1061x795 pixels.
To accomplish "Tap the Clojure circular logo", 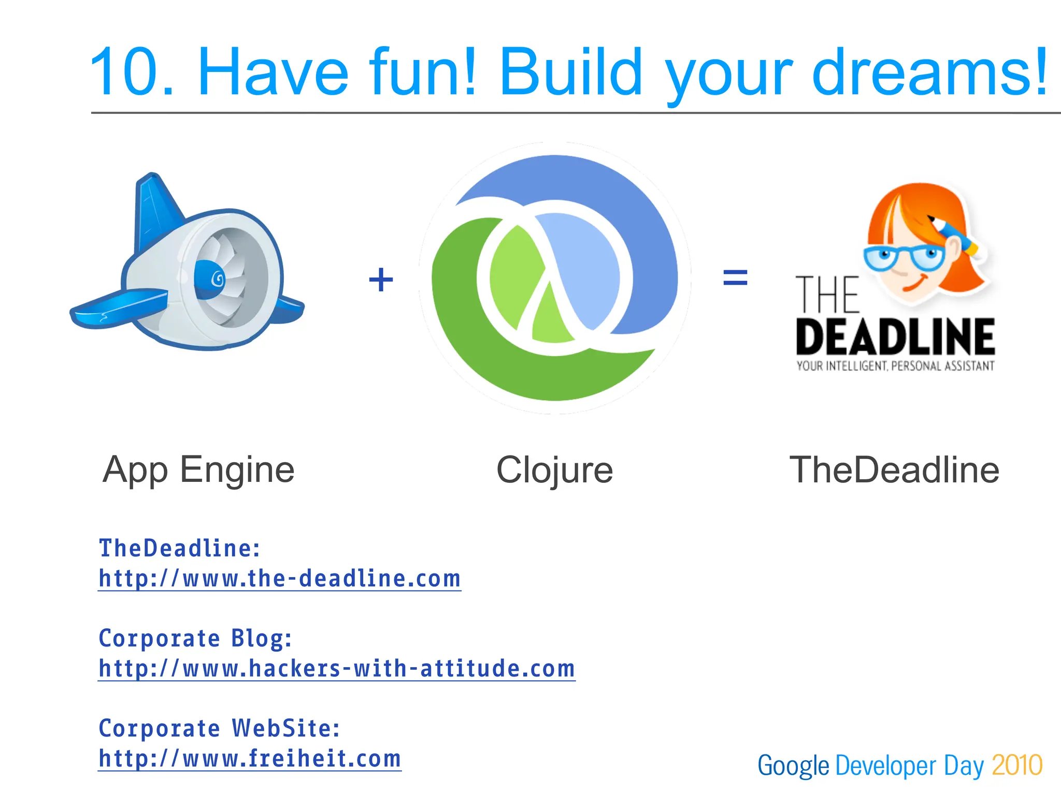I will click(x=555, y=278).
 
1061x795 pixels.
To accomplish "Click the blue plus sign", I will click(x=381, y=279).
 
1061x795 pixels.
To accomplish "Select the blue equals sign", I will click(x=735, y=277).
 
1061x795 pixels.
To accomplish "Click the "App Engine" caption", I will click(x=198, y=470).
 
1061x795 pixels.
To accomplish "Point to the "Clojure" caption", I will click(x=554, y=470).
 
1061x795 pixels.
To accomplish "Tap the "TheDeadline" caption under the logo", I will click(x=894, y=470).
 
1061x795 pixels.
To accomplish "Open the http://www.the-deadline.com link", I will click(x=280, y=579).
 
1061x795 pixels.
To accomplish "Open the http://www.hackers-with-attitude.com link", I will click(x=337, y=669).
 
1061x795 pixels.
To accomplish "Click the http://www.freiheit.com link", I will click(x=250, y=759).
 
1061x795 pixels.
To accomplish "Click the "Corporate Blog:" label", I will click(x=195, y=638).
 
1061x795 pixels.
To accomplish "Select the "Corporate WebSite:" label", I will click(x=219, y=728).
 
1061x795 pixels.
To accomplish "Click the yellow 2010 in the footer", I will click(x=1016, y=765).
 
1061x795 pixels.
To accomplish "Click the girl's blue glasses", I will click(x=904, y=256).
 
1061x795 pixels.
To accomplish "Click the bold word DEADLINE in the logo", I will click(x=895, y=337).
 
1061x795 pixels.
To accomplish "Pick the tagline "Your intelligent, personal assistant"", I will click(x=895, y=366).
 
